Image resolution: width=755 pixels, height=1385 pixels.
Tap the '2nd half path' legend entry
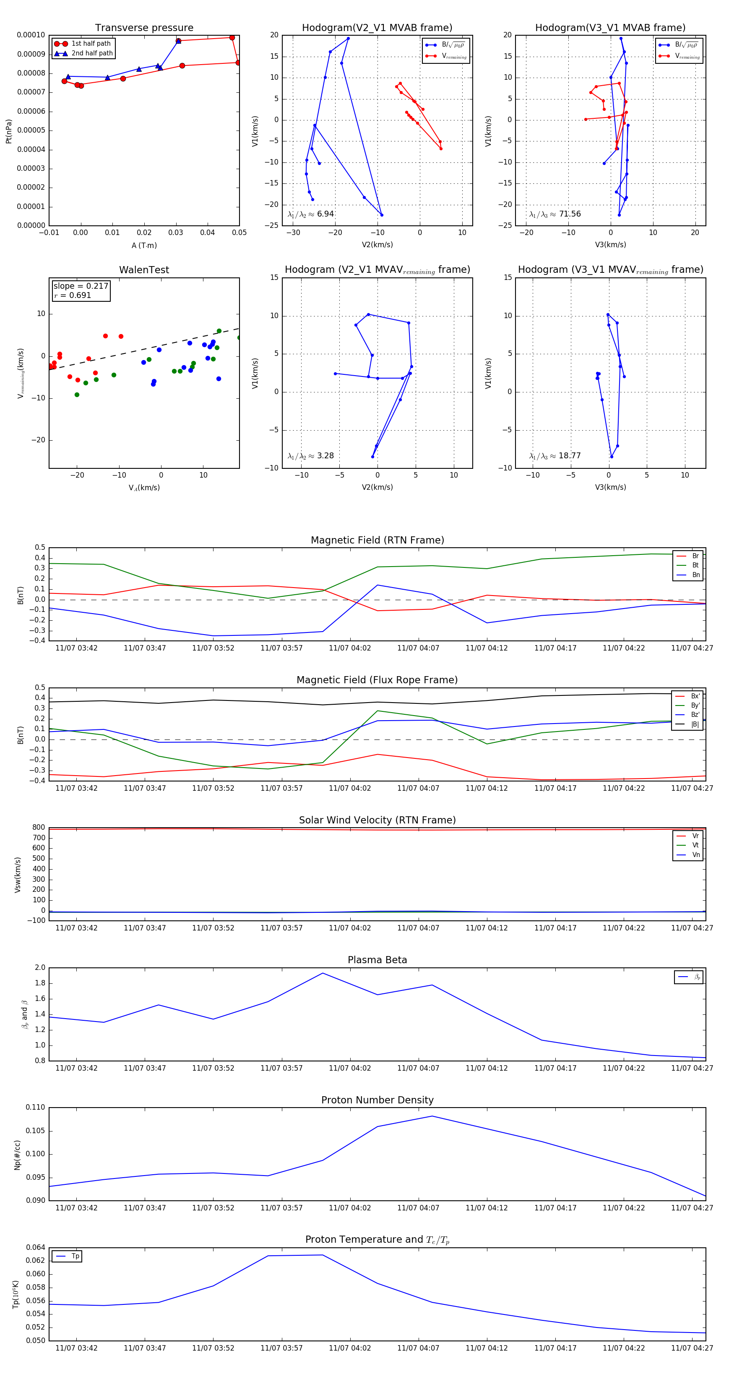[92, 53]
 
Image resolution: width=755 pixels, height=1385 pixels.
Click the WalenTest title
[144, 270]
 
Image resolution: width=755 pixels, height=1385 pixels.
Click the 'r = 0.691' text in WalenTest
[73, 295]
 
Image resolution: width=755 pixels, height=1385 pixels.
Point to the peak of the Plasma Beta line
[323, 973]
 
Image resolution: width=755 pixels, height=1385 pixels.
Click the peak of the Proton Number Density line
[432, 1116]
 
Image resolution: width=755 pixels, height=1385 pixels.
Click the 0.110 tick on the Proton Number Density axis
[36, 1108]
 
